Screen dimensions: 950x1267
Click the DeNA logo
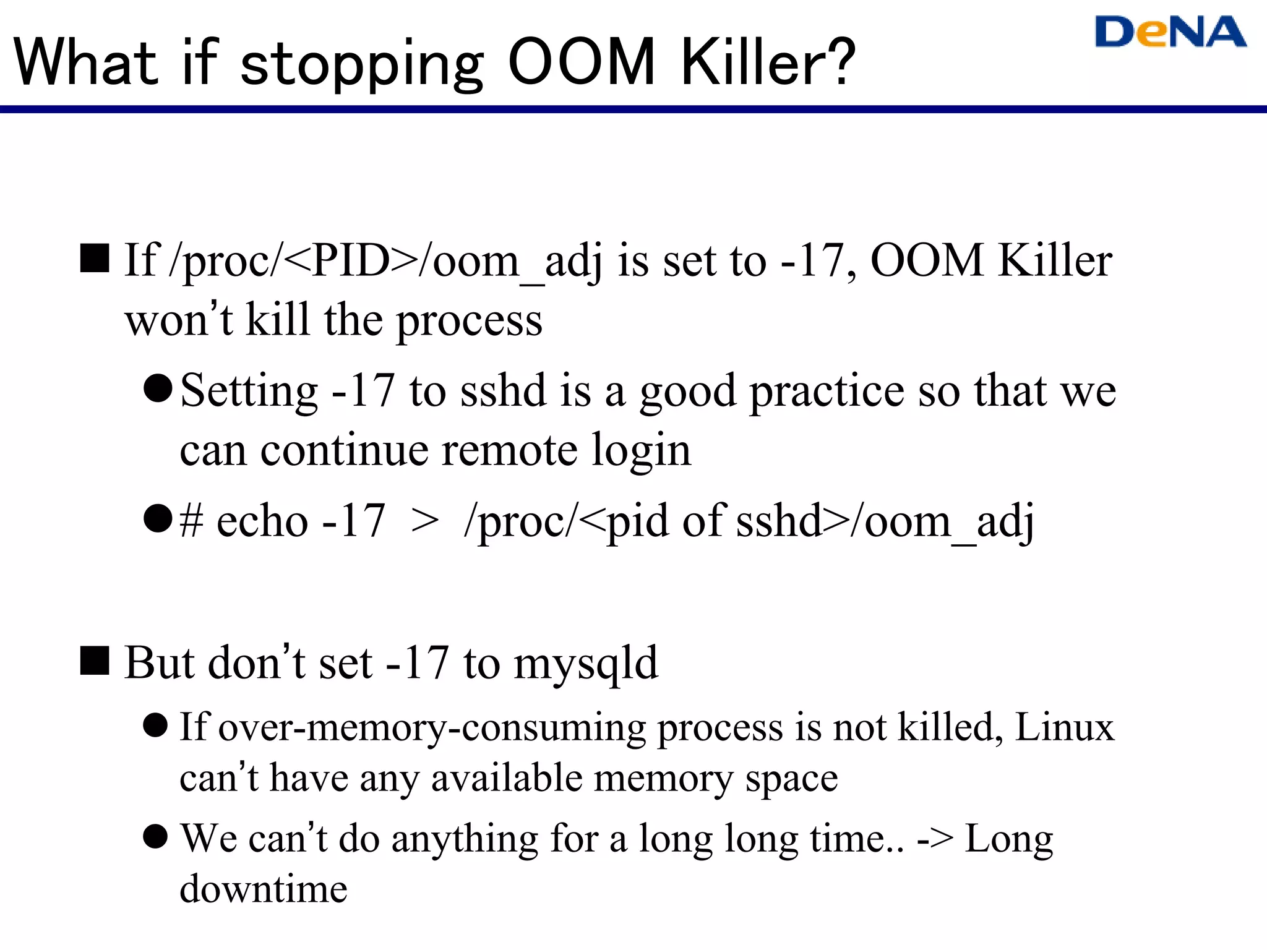pos(1170,32)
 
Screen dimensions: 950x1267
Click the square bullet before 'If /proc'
pos(95,258)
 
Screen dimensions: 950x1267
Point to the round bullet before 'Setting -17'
pos(157,388)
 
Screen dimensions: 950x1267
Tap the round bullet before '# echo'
pos(157,518)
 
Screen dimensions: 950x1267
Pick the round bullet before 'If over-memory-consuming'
pos(155,725)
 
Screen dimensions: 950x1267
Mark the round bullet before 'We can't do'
pos(155,836)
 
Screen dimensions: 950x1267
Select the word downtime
pos(264,889)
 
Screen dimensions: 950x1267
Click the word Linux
pos(1064,727)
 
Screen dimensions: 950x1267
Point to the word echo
pos(262,521)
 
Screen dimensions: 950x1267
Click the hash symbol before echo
pos(191,521)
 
